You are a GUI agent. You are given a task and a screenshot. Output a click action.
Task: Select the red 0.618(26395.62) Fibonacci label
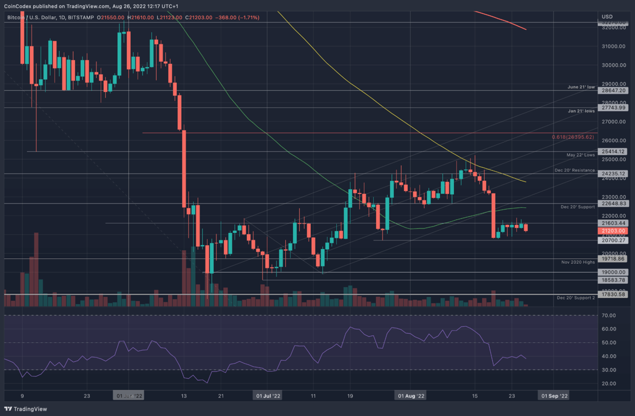573,137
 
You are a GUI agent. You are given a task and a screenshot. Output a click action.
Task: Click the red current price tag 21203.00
614,231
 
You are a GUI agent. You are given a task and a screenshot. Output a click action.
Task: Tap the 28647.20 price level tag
614,91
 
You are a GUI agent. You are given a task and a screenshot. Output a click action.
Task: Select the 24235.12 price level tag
614,174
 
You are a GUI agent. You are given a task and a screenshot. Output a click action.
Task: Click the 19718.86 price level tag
614,259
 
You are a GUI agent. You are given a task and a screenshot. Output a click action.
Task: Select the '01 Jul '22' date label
268,396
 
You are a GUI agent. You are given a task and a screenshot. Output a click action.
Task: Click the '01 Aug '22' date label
410,396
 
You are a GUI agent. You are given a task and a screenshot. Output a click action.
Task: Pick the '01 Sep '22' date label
554,396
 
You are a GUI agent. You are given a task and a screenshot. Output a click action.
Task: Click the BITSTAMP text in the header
81,18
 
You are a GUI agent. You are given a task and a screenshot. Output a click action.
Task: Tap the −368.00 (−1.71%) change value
236,18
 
